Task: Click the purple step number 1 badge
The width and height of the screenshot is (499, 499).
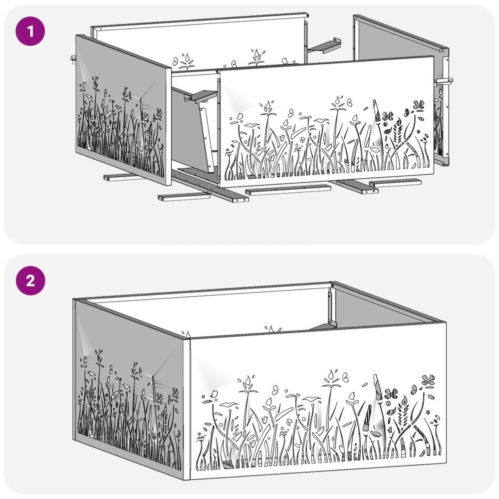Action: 30,31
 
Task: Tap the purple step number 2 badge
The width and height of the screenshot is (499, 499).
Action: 30,280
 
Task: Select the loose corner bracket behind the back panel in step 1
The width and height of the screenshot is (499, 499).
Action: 324,45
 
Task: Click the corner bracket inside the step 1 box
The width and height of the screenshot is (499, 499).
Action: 201,95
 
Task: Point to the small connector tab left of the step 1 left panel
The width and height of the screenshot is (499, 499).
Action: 73,58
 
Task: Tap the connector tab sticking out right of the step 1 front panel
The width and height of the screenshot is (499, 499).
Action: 444,81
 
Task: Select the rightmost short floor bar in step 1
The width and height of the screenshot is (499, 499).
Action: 395,183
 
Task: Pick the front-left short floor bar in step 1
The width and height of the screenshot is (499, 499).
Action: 184,197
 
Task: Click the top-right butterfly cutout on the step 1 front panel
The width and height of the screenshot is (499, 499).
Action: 419,105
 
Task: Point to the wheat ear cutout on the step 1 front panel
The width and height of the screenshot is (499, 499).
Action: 398,130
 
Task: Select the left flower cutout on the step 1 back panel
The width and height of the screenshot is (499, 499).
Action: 187,61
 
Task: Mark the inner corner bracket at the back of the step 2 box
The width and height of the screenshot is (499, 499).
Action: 330,311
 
